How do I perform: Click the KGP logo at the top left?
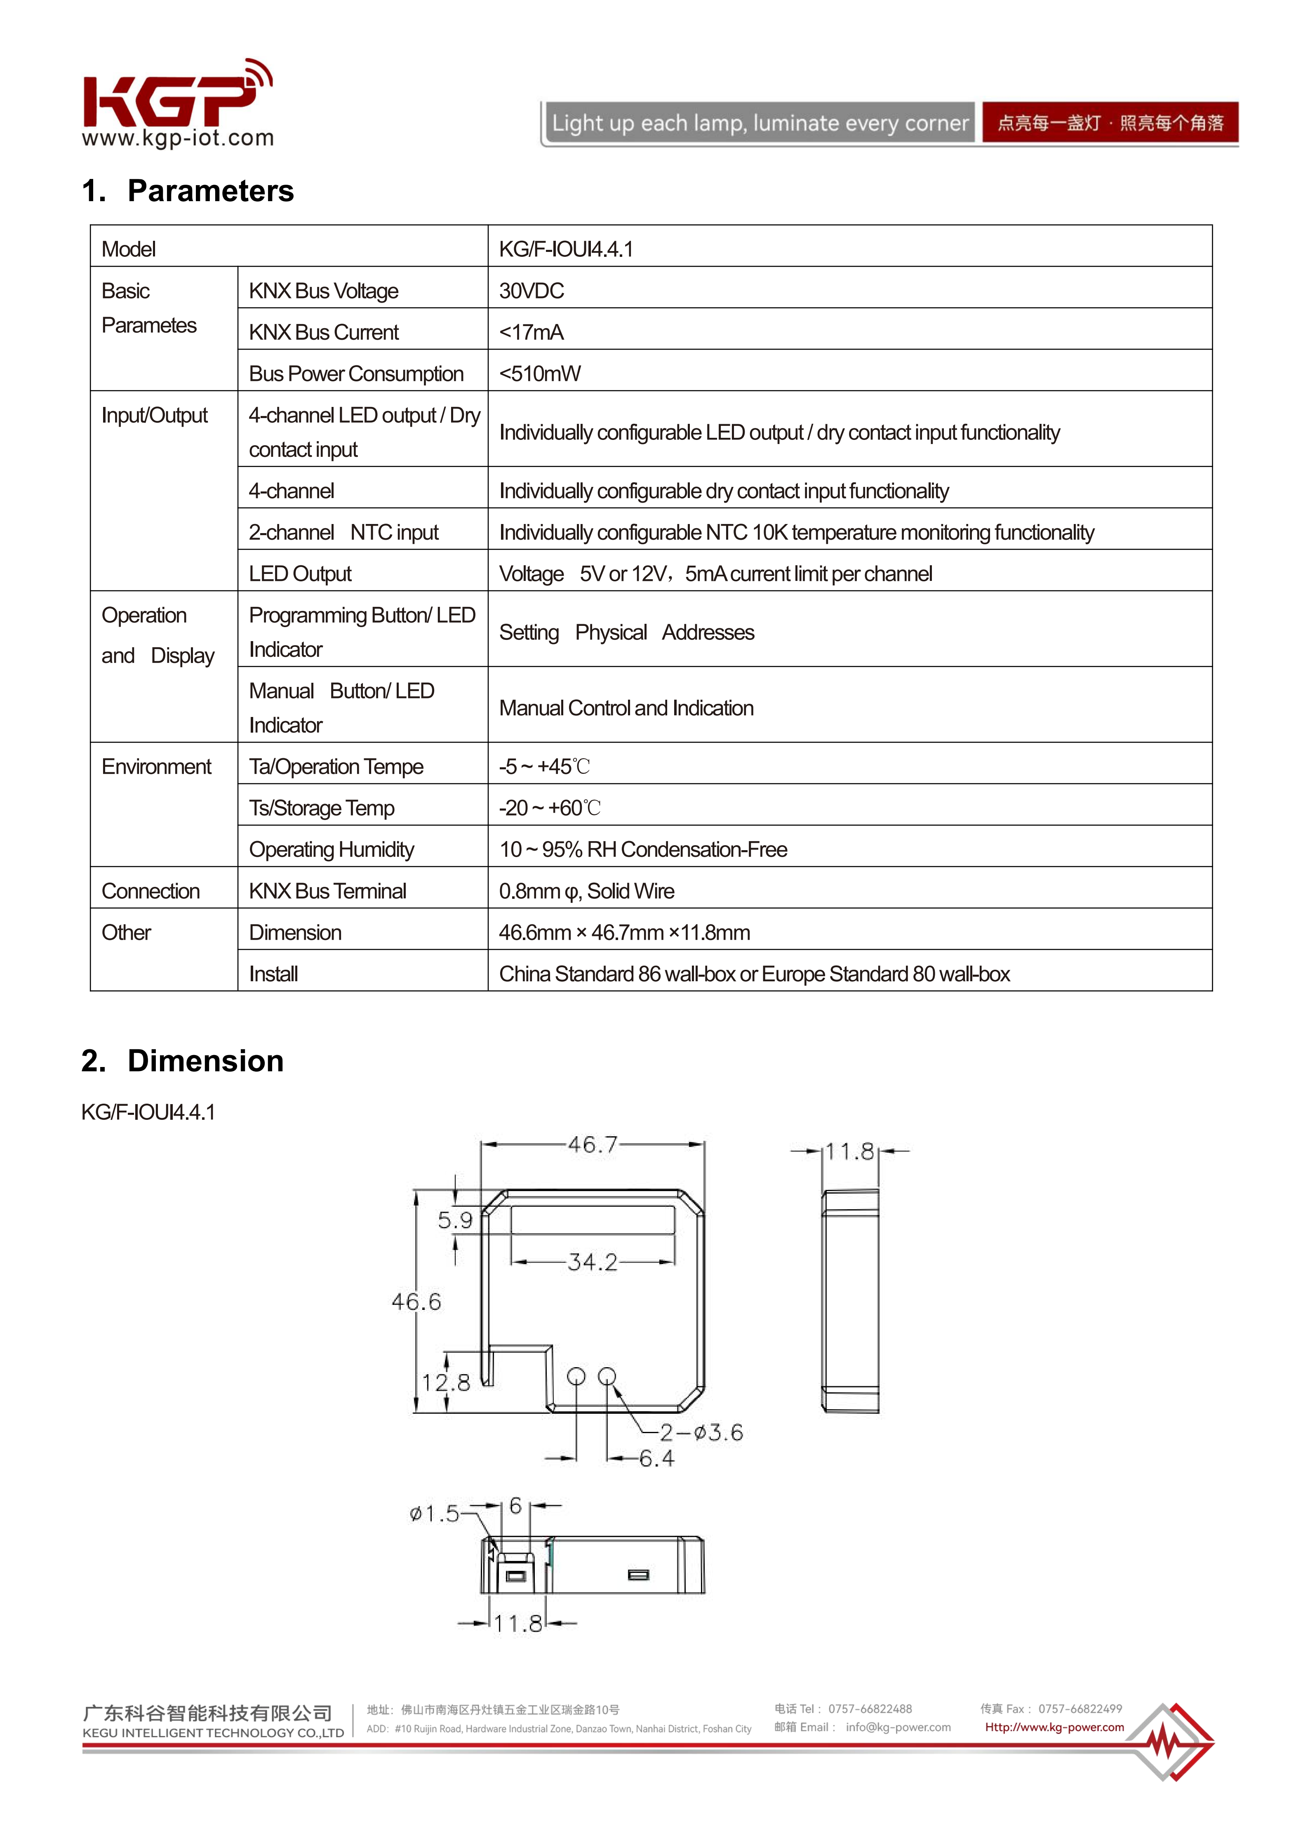[x=177, y=103]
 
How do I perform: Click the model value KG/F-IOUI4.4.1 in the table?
[x=566, y=249]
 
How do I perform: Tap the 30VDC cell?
[x=532, y=291]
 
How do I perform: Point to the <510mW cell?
[x=539, y=374]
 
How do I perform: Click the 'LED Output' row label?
[x=300, y=574]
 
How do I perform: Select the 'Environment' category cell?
[x=156, y=766]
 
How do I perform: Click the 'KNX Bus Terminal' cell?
[x=327, y=891]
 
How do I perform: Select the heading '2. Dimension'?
[x=183, y=1061]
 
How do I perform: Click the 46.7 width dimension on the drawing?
[x=593, y=1144]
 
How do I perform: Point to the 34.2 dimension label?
[x=593, y=1262]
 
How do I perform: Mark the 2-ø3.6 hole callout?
[x=701, y=1433]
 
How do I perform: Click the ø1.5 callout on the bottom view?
[x=434, y=1514]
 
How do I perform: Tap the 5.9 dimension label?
[x=455, y=1221]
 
